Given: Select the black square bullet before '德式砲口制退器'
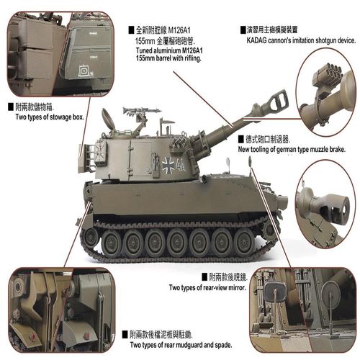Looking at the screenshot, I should point(241,138).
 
